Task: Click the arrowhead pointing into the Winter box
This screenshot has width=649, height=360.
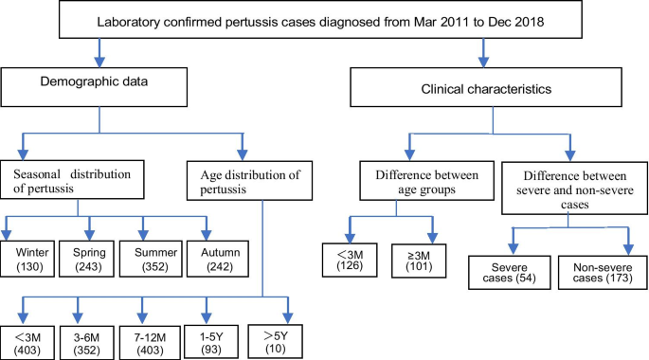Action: pyautogui.click(x=8, y=237)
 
